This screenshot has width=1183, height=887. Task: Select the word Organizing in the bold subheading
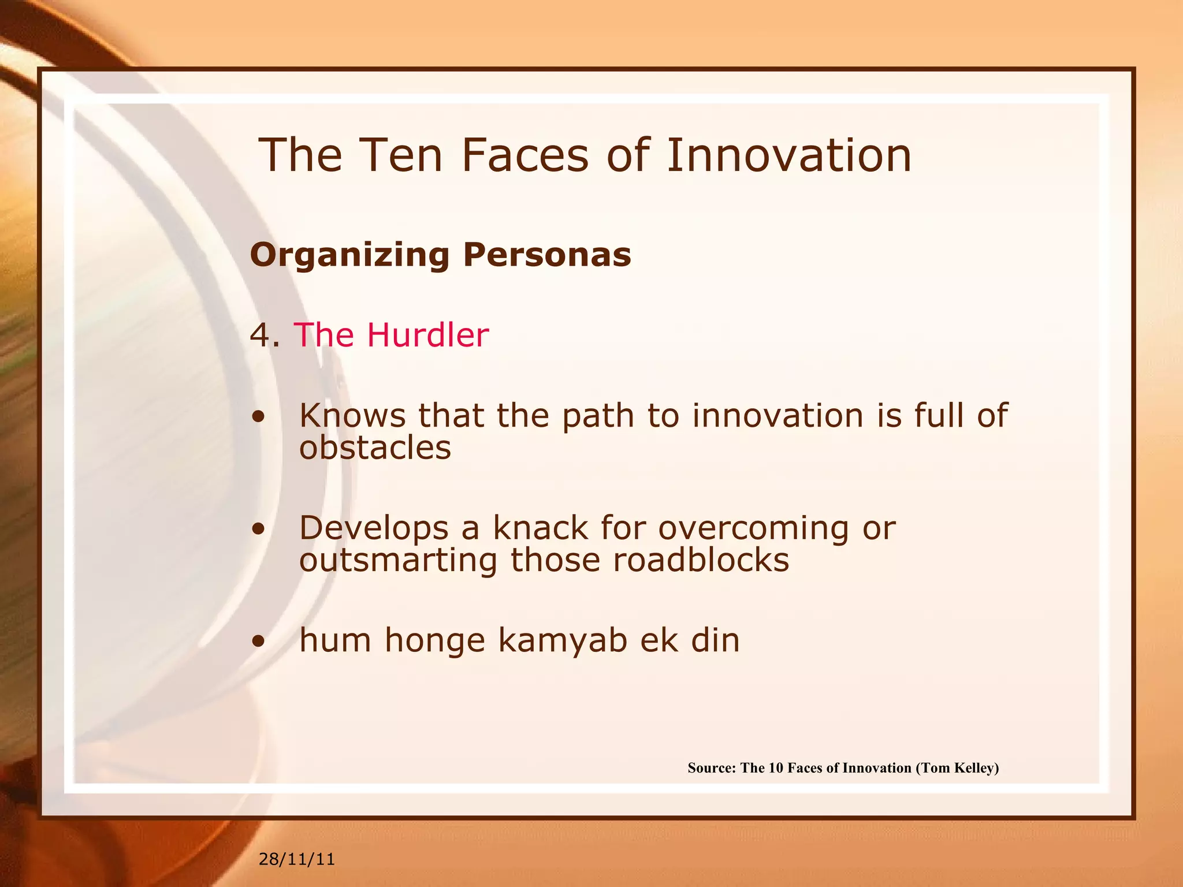[x=349, y=255]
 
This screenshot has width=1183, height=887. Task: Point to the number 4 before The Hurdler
[x=258, y=335]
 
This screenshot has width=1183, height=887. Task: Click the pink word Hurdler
[x=427, y=335]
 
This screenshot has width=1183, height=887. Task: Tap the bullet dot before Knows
[x=259, y=416]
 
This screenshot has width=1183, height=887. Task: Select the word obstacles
[x=375, y=448]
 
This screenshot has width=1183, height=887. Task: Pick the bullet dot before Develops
[x=259, y=528]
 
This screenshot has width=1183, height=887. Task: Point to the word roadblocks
[x=701, y=560]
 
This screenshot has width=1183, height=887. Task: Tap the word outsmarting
[x=398, y=561]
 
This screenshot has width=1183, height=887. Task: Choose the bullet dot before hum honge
[x=259, y=640]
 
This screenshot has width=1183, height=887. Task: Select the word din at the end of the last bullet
[x=715, y=640]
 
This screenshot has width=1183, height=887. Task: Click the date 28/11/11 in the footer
[x=296, y=859]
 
